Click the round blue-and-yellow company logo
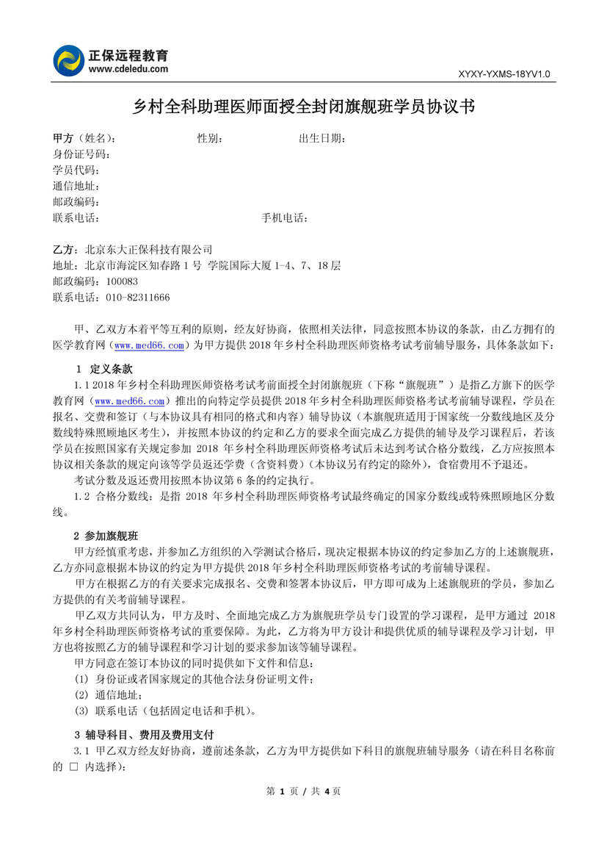[69, 60]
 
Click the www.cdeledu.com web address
[128, 69]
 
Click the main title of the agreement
[303, 107]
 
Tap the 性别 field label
[210, 138]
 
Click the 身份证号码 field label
[81, 154]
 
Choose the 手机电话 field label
[285, 218]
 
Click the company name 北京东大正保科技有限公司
[148, 250]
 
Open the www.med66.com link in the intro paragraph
[149, 345]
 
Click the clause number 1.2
[81, 497]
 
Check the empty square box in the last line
[73, 766]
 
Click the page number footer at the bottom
[303, 791]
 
